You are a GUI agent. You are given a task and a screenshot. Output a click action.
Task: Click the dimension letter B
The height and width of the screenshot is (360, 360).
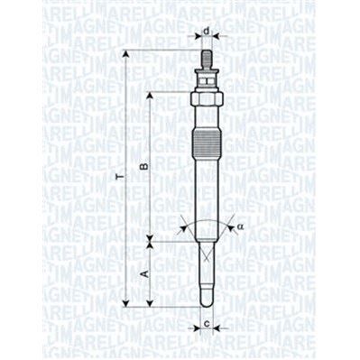pos(142,167)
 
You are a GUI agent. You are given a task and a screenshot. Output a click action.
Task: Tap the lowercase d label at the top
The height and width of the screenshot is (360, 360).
pos(207,32)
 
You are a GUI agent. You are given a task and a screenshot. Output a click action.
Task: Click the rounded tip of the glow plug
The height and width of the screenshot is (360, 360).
pos(207,300)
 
